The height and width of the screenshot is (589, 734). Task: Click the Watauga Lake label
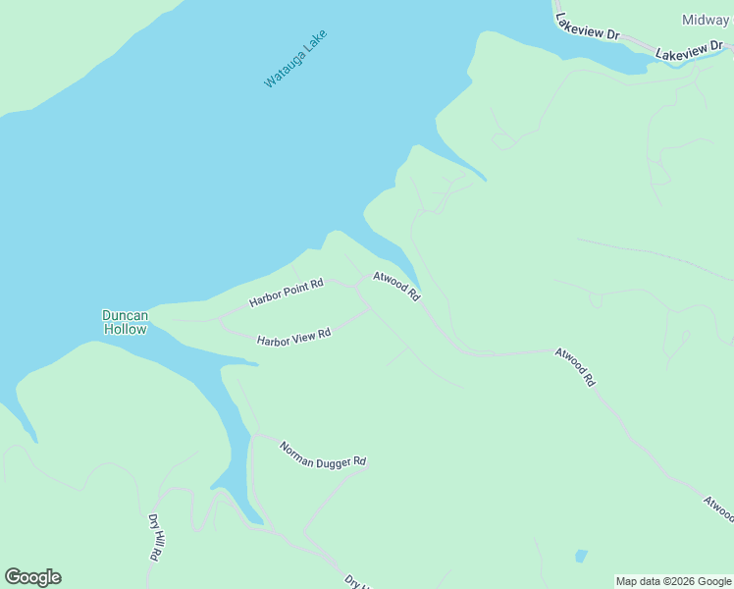[x=294, y=59]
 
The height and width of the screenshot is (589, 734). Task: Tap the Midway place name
[x=705, y=20]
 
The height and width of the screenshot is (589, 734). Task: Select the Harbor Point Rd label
[x=286, y=292]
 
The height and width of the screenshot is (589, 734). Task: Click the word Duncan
[x=125, y=315]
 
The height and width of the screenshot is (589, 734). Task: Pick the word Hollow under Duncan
[x=125, y=329]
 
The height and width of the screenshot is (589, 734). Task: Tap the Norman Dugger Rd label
[x=322, y=455]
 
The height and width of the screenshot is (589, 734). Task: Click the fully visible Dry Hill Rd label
[x=155, y=536]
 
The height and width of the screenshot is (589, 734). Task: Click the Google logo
[x=32, y=577]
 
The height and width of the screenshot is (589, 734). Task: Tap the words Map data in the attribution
[x=637, y=581]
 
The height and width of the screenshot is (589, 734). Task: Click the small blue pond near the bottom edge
[x=581, y=556]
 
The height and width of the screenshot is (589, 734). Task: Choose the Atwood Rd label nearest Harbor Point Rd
[x=396, y=287]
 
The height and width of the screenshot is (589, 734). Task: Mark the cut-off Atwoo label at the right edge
[x=718, y=509]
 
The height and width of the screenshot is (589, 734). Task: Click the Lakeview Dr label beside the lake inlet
[x=587, y=27]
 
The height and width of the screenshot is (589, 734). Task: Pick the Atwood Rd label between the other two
[x=575, y=367]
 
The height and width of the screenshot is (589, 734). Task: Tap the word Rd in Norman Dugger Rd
[x=358, y=461]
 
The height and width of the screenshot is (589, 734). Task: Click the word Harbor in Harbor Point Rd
[x=265, y=296]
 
